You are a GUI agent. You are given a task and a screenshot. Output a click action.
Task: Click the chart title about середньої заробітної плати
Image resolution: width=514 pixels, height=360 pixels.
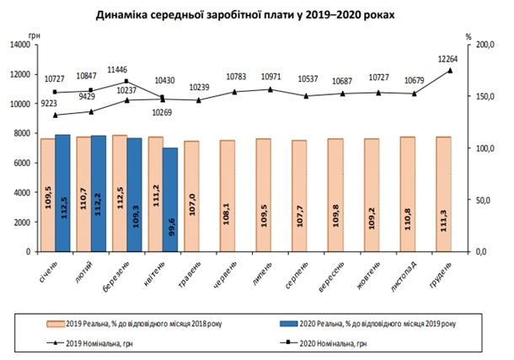[x=256, y=15]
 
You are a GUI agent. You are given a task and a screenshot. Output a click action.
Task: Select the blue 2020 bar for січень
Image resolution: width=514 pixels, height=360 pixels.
[x=62, y=193]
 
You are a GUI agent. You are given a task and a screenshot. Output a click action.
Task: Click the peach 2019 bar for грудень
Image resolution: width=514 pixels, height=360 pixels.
[x=444, y=194]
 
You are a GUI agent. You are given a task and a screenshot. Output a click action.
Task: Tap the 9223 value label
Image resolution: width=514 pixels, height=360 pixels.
[x=51, y=103]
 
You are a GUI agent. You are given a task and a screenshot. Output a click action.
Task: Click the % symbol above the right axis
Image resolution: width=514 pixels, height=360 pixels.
[x=468, y=35]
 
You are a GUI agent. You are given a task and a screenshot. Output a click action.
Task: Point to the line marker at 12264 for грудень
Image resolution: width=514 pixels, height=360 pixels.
[x=451, y=70]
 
